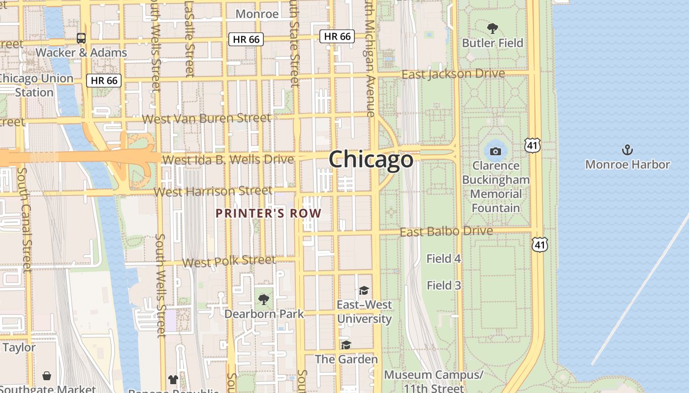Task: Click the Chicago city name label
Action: click(371, 160)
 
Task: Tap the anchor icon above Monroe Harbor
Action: click(627, 150)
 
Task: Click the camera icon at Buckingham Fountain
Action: click(496, 151)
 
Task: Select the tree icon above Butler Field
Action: click(492, 28)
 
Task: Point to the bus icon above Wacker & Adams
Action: click(81, 38)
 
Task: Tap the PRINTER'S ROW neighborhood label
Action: click(269, 214)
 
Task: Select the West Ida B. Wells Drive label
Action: click(228, 160)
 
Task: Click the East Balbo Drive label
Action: click(446, 231)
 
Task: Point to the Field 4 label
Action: click(443, 258)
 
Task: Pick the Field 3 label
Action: click(443, 285)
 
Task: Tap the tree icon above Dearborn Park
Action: click(264, 299)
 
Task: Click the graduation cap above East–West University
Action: click(364, 290)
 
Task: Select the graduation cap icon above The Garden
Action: click(346, 345)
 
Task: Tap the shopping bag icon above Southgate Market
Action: click(47, 376)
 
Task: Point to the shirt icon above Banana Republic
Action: click(173, 379)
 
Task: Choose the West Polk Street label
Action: click(229, 261)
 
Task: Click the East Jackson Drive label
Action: click(453, 74)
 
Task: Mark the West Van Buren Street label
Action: click(207, 118)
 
